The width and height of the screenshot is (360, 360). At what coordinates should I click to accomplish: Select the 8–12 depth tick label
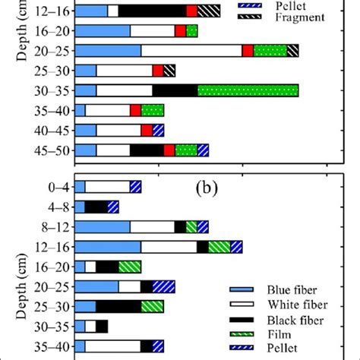(x=58, y=226)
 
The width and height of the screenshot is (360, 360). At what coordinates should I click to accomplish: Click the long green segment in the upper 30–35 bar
(x=248, y=90)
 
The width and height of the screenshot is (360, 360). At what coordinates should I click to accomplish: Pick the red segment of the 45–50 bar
(x=169, y=150)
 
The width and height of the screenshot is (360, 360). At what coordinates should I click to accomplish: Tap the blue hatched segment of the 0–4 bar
(x=135, y=187)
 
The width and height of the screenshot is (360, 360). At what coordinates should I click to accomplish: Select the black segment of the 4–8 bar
(x=96, y=207)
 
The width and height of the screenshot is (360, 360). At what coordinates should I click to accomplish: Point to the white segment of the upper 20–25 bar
(x=191, y=50)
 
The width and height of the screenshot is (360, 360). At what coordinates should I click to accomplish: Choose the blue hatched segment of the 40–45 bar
(x=158, y=131)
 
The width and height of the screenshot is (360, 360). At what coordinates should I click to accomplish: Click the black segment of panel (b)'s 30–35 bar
(x=102, y=326)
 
